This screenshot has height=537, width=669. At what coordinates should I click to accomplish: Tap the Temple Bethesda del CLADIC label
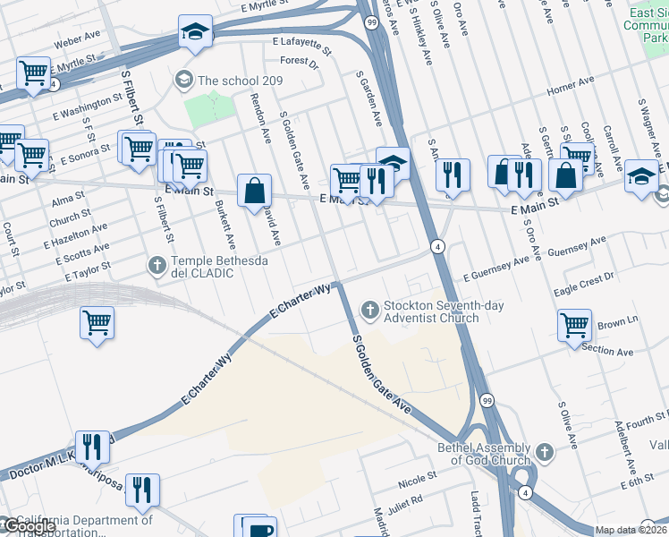tap(202, 266)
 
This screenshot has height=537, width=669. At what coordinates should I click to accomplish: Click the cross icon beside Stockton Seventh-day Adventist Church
tap(369, 310)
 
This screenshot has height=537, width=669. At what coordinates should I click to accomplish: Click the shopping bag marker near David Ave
tap(255, 190)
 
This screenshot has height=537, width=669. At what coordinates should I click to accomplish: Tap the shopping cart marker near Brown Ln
tap(573, 325)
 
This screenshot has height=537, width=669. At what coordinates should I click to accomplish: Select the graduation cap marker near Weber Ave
tap(193, 31)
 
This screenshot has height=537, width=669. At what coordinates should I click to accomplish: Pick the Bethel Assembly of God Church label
tap(484, 454)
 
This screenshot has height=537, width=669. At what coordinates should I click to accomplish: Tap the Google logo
tap(30, 526)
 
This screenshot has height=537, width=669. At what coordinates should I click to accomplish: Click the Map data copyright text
tap(631, 530)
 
